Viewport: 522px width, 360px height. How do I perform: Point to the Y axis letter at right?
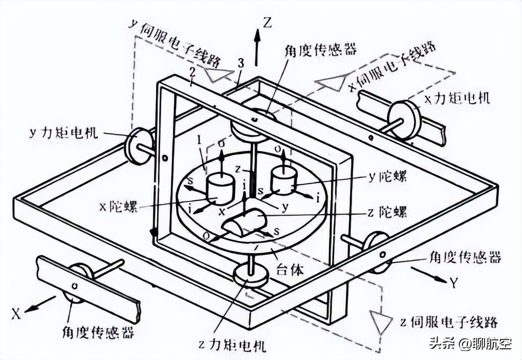[x=454, y=283]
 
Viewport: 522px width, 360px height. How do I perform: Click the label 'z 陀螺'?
[x=386, y=212]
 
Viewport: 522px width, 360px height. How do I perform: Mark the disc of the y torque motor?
[x=137, y=144]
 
